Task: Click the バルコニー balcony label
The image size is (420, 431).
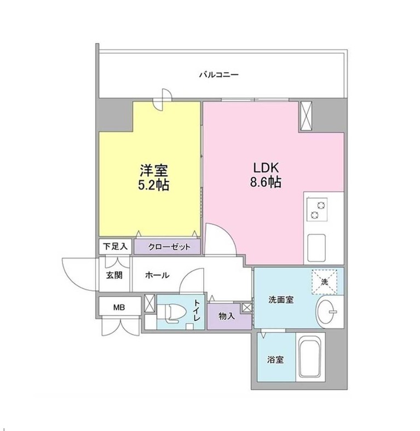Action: pos(219,74)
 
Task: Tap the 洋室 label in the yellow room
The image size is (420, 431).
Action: pos(154,170)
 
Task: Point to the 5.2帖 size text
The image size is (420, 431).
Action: pos(153,185)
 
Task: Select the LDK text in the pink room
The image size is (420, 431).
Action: pos(266,168)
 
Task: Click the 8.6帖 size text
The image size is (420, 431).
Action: pos(266,182)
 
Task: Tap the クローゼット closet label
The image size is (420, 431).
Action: pos(169,247)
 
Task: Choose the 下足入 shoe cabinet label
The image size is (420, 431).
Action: pos(115,246)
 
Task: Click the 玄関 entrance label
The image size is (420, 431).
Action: pos(114,275)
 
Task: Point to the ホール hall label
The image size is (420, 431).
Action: pos(157,275)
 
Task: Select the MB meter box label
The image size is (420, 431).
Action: pos(119,307)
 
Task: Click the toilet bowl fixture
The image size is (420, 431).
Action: pos(172,313)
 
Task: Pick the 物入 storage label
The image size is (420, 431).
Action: pos(227,316)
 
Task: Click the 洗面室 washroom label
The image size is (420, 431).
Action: pos(281,300)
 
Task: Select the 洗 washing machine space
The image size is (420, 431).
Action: pos(324,282)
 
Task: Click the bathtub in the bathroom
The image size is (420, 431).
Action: pos(310,357)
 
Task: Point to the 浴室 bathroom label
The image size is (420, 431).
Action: pos(275,360)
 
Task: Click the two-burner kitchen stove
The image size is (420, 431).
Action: pos(318,209)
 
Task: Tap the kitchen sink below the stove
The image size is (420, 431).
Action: pos(317,248)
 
